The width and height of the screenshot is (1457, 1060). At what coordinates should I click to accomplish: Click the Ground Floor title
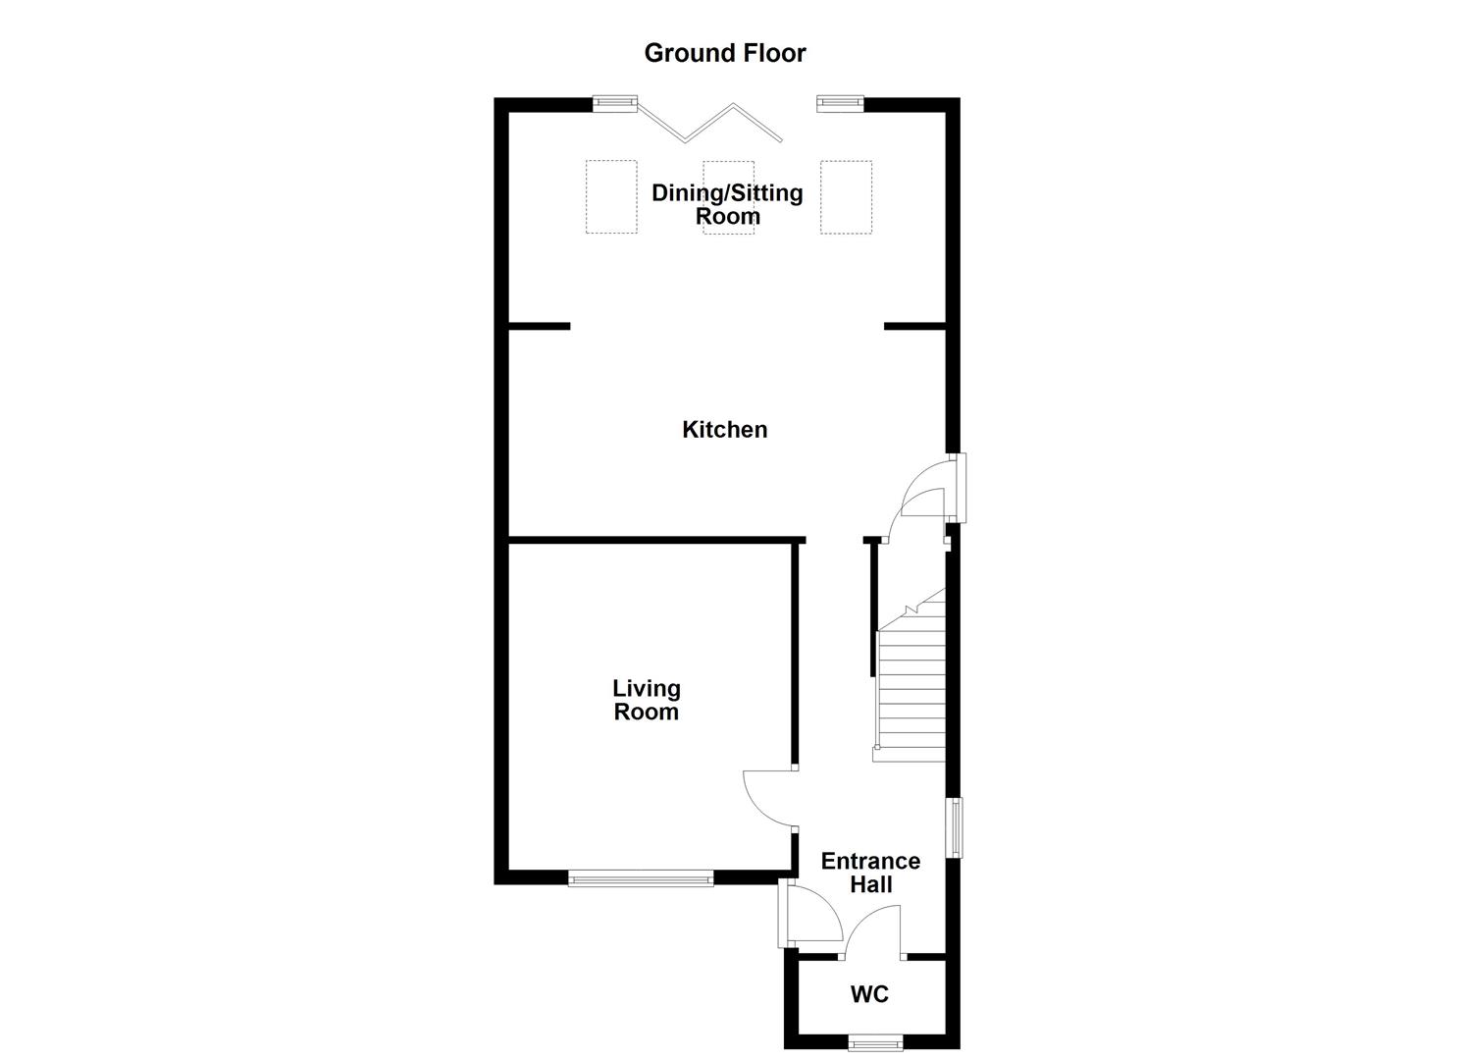pos(724,53)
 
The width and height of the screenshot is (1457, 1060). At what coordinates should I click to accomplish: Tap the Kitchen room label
pos(724,429)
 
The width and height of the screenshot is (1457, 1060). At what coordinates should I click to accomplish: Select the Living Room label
pos(646,700)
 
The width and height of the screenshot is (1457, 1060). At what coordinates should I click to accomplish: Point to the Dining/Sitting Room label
pos(727,204)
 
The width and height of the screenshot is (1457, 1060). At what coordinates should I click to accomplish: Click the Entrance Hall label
pos(870,873)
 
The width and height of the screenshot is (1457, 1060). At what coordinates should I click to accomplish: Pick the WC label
pos(869,994)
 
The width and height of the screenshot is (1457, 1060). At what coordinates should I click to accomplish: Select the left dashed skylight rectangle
pos(611,196)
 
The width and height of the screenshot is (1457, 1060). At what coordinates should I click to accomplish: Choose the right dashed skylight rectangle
pos(846,196)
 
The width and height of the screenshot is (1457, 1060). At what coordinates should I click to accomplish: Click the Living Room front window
pos(641,878)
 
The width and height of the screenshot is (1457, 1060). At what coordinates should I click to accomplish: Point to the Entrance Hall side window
pos(954,827)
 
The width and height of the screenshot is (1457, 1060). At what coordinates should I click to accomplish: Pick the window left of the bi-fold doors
pos(615,101)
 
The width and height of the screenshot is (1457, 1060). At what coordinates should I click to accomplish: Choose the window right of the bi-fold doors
pos(840,101)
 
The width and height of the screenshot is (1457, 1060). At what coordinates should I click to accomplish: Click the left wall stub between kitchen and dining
pos(539,326)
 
